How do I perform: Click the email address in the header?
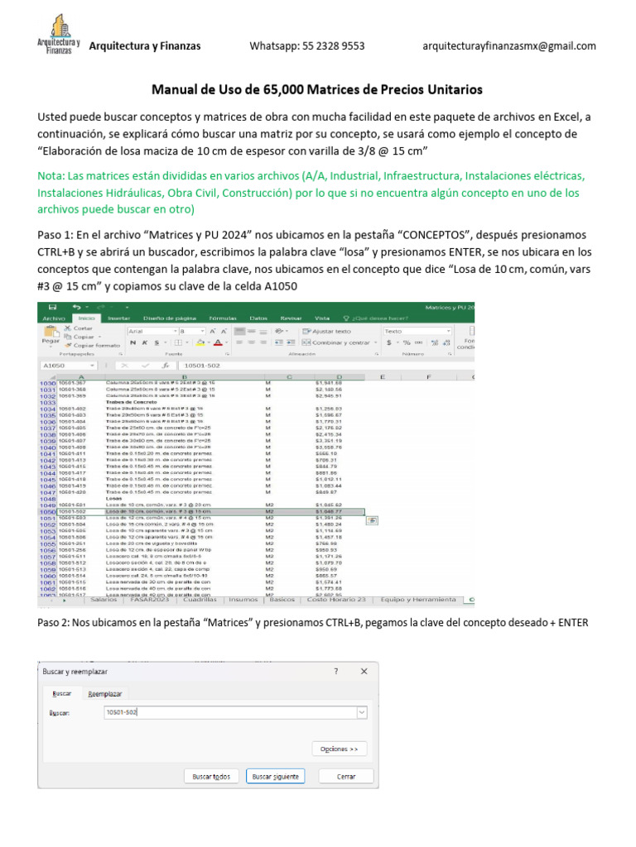coord(508,46)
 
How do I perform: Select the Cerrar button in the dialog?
coord(346,777)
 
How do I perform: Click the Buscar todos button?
coord(211,777)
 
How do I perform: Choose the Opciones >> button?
coord(340,749)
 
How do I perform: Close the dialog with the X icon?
coord(364,672)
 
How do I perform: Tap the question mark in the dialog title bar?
coord(336,672)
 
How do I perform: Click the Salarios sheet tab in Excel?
coord(103,599)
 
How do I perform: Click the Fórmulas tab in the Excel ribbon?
coord(200,318)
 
